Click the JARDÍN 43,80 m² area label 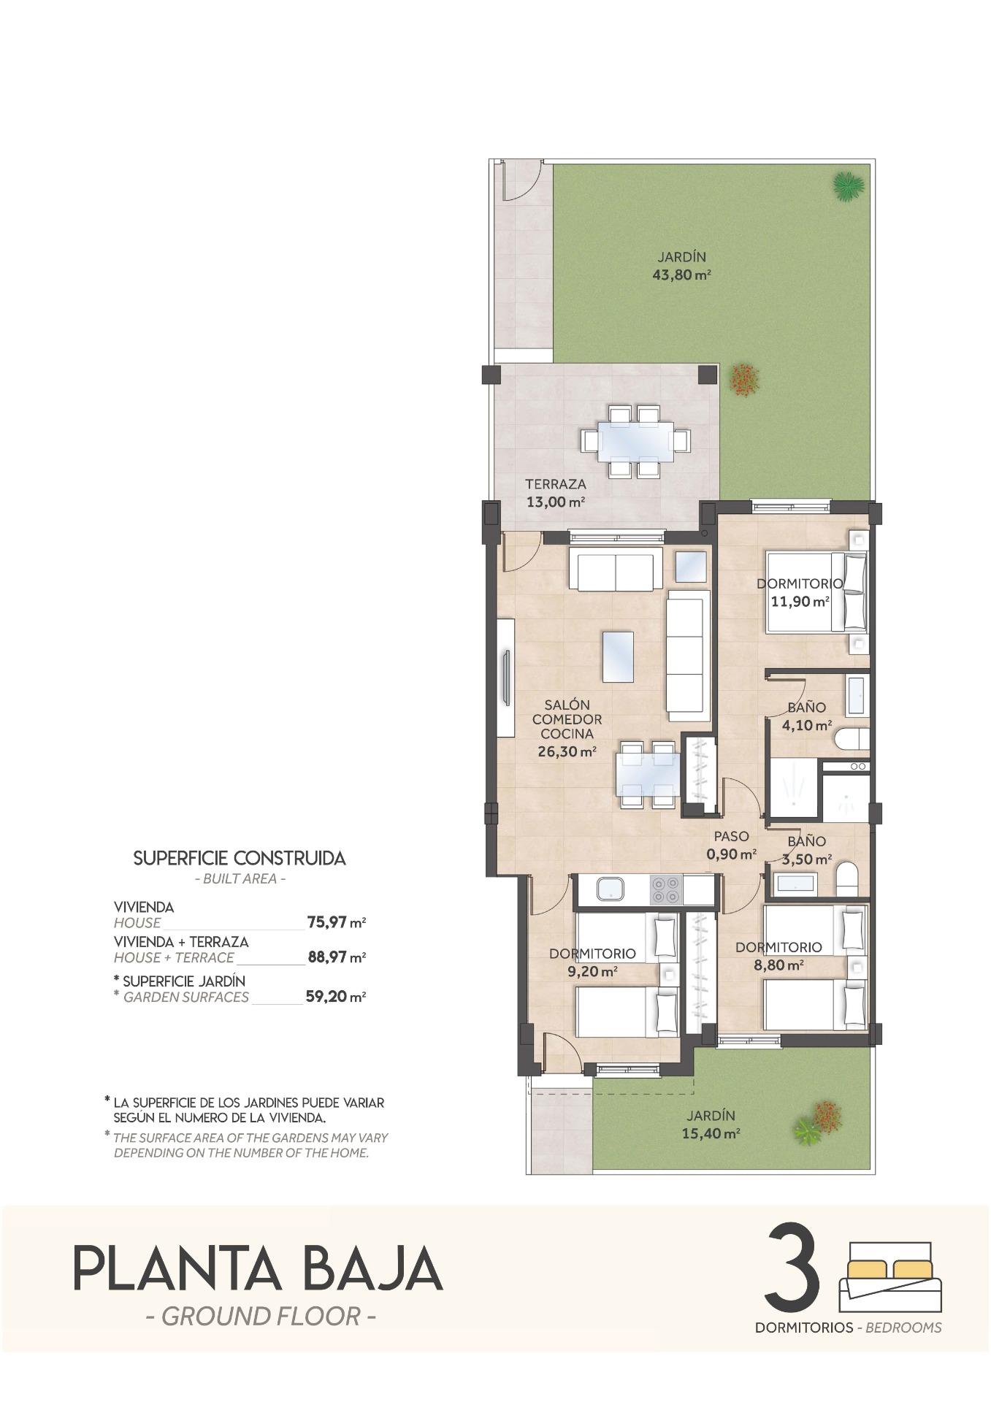click(681, 267)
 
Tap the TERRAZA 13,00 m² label click(555, 493)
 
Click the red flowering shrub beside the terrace click(744, 379)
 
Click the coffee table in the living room click(618, 656)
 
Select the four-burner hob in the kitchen click(665, 890)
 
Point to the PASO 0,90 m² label click(731, 845)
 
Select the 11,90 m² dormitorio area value click(800, 602)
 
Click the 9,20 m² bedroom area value click(592, 971)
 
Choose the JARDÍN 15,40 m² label click(711, 1125)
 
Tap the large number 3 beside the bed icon click(792, 1273)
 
